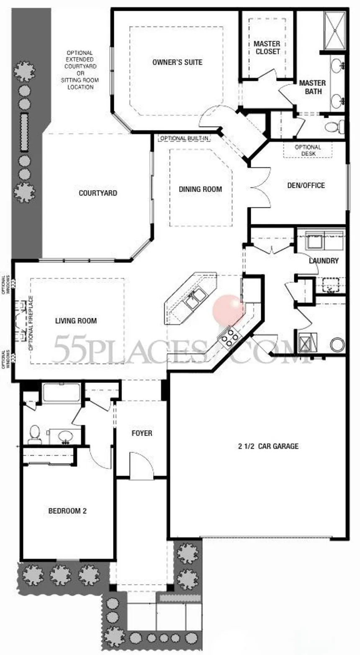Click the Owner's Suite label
177,62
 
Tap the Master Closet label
267,48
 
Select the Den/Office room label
306,185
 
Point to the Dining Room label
200,189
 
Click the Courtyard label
98,193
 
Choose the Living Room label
76,321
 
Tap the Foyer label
142,433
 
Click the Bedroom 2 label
67,511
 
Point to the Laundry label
324,260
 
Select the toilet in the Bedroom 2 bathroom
34,434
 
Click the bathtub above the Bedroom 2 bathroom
61,393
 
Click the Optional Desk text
308,150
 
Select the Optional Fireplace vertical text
31,322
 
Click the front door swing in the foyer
140,465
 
